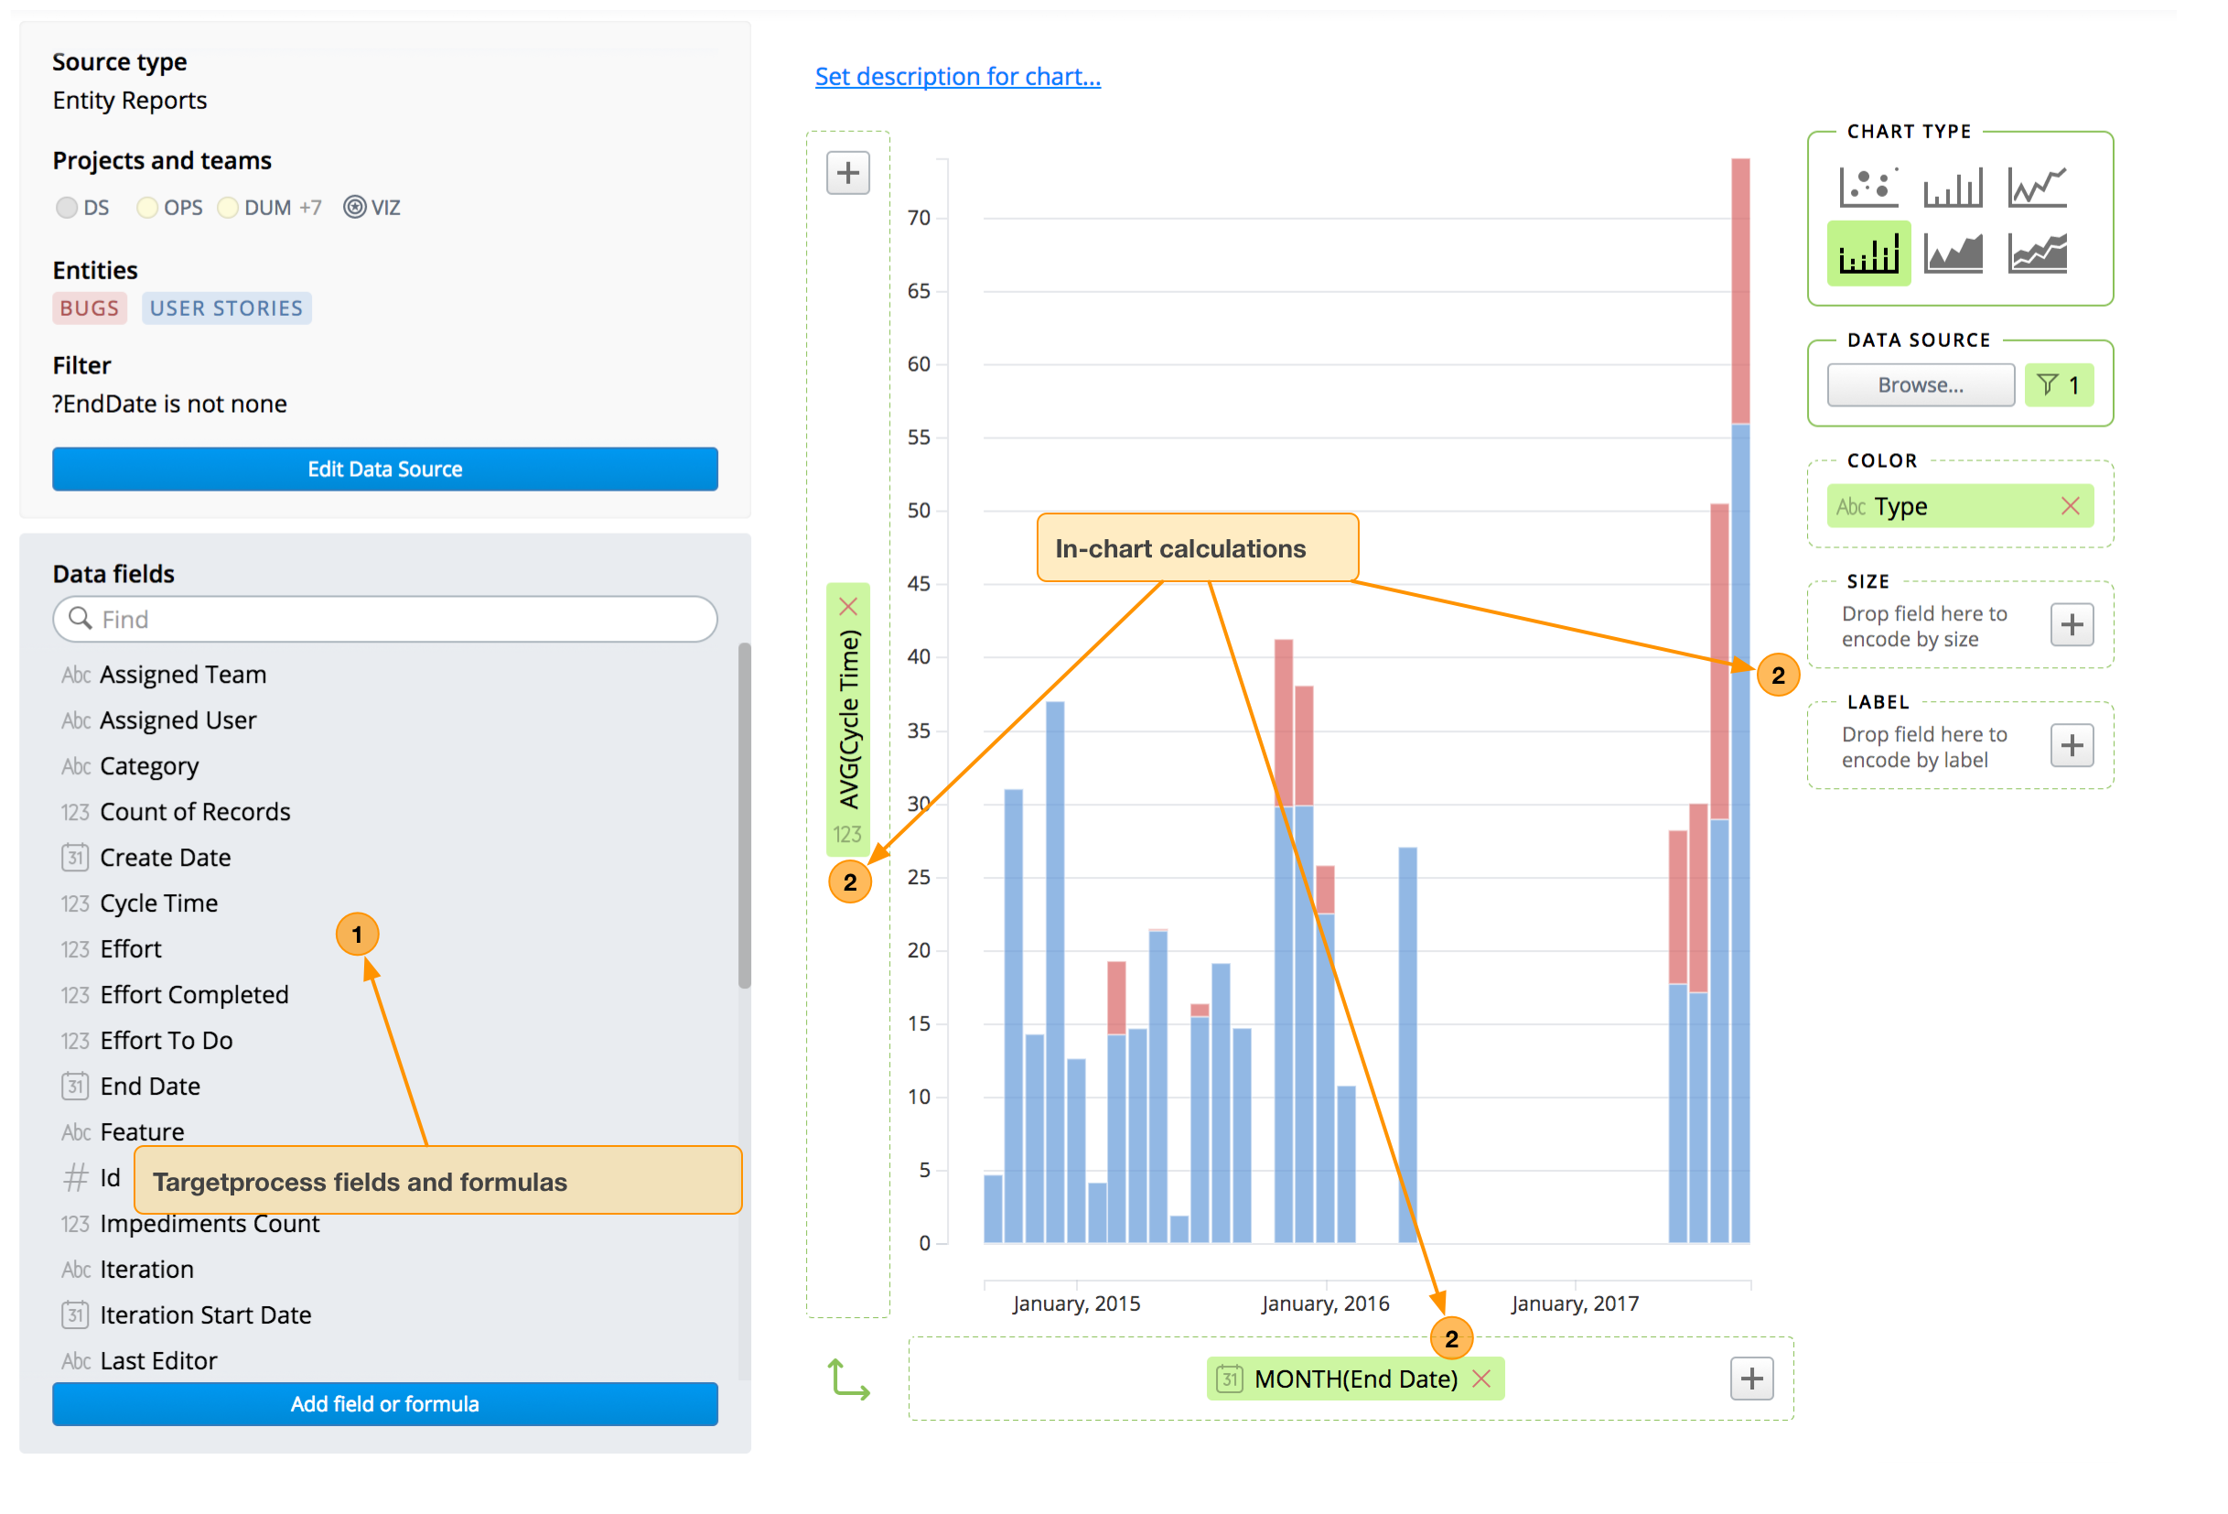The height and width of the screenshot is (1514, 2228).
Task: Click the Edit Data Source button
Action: [x=384, y=469]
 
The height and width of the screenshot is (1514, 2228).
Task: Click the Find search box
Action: [x=384, y=620]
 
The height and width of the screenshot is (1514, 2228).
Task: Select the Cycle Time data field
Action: [x=158, y=903]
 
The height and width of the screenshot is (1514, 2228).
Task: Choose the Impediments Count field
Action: [x=209, y=1225]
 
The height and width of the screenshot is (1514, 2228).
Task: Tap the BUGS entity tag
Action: [x=89, y=308]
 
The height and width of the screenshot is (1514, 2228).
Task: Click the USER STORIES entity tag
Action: [x=226, y=308]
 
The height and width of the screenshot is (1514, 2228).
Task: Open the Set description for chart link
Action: [x=957, y=77]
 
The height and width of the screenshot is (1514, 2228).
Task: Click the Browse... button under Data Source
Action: [x=1920, y=385]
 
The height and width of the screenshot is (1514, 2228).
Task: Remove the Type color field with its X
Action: [x=2069, y=506]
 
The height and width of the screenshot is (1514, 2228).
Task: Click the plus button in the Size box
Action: [x=2071, y=625]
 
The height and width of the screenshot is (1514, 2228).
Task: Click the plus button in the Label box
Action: [x=2071, y=746]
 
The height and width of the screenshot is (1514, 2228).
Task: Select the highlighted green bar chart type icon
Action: [x=1867, y=254]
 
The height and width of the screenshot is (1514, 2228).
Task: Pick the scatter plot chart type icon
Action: [x=1867, y=187]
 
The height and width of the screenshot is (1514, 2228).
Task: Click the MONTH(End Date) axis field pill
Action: [x=1353, y=1379]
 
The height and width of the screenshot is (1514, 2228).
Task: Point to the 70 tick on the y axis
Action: [x=919, y=219]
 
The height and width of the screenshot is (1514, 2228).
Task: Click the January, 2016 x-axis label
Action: [x=1324, y=1304]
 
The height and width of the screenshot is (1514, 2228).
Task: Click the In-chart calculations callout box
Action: [x=1197, y=548]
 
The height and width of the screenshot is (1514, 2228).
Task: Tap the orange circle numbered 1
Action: [x=357, y=935]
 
